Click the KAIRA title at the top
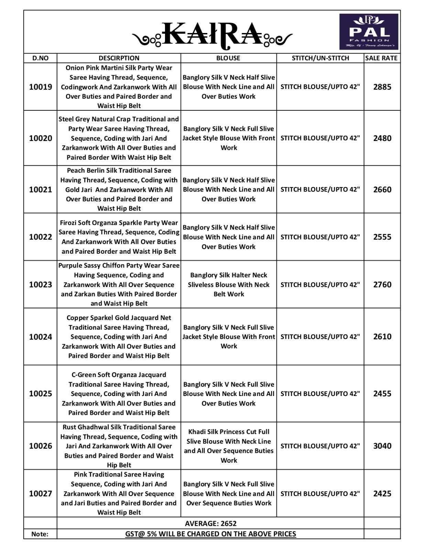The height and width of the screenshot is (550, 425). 212,34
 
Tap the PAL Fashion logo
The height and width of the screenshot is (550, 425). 369,32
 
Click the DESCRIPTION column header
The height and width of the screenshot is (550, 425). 119,58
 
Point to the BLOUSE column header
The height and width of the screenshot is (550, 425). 228,58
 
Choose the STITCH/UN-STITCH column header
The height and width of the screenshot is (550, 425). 320,58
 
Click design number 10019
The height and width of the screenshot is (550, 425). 41,87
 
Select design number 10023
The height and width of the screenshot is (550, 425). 41,285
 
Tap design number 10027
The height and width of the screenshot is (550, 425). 41,494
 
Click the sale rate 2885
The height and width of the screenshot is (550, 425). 382,87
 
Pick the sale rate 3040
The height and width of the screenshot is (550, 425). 382,446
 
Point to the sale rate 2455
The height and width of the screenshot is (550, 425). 382,394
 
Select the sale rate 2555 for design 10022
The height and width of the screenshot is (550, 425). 382,237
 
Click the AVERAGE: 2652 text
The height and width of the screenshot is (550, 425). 210,524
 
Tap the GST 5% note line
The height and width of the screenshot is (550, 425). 210,534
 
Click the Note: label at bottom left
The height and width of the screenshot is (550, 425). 40,534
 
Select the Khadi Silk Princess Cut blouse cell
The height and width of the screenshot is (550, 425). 229,446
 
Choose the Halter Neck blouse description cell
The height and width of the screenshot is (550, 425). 229,285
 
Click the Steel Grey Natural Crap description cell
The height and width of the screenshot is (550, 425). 119,138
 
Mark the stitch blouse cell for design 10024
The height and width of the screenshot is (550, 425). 320,337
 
